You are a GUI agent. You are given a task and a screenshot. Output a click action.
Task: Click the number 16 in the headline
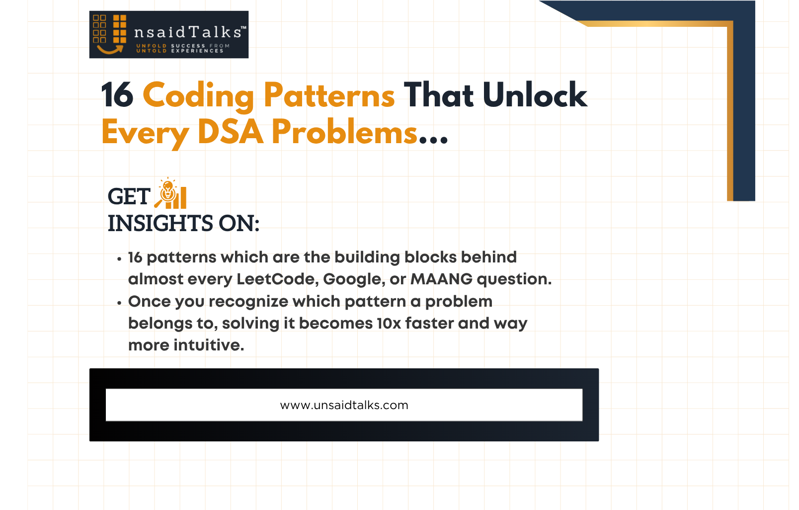117,94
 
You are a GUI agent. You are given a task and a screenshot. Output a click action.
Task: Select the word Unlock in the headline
535,94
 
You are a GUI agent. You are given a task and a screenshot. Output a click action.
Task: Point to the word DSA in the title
231,132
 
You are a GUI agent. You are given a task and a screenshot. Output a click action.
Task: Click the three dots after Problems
433,139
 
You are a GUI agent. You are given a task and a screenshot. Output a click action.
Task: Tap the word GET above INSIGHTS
129,197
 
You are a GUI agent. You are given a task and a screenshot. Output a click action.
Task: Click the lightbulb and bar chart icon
170,193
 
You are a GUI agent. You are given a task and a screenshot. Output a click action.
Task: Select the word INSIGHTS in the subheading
160,223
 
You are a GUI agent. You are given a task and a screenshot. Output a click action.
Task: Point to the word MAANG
442,279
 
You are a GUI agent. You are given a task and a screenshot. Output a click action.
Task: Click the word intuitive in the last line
209,345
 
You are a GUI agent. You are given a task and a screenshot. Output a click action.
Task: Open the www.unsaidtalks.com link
344,406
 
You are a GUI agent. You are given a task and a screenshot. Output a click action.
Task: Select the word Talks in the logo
215,32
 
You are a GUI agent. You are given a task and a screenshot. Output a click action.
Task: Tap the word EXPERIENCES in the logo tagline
197,51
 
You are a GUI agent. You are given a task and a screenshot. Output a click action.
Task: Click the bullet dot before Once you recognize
119,303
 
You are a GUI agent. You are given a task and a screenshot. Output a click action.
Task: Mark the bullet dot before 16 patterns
119,259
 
